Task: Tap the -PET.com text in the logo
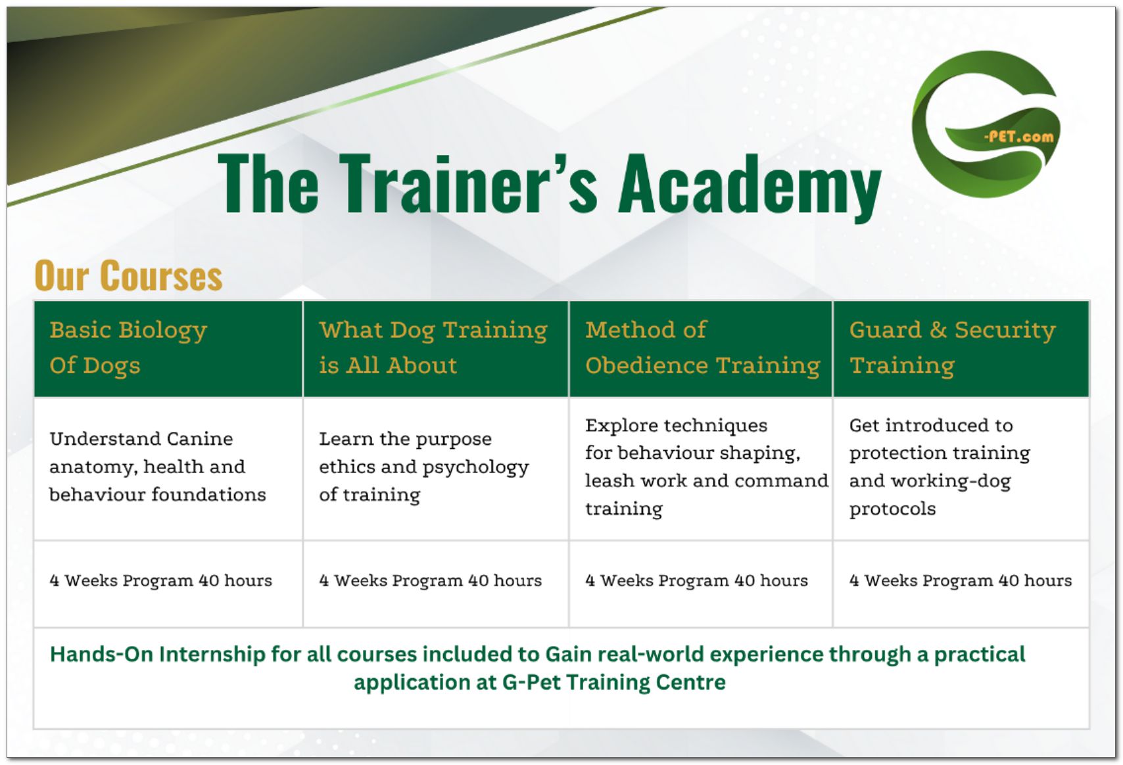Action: [1018, 137]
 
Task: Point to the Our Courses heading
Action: [128, 275]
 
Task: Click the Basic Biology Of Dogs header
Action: [128, 348]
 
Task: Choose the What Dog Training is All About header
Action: [433, 348]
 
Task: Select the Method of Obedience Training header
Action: [702, 348]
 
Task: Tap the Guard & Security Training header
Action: [953, 348]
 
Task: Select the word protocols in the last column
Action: [892, 509]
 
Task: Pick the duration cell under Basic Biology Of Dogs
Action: [161, 580]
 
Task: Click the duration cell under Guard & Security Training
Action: [961, 580]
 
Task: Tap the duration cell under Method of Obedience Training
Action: [696, 580]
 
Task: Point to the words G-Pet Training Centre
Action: [613, 683]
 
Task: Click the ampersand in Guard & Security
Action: [938, 331]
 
